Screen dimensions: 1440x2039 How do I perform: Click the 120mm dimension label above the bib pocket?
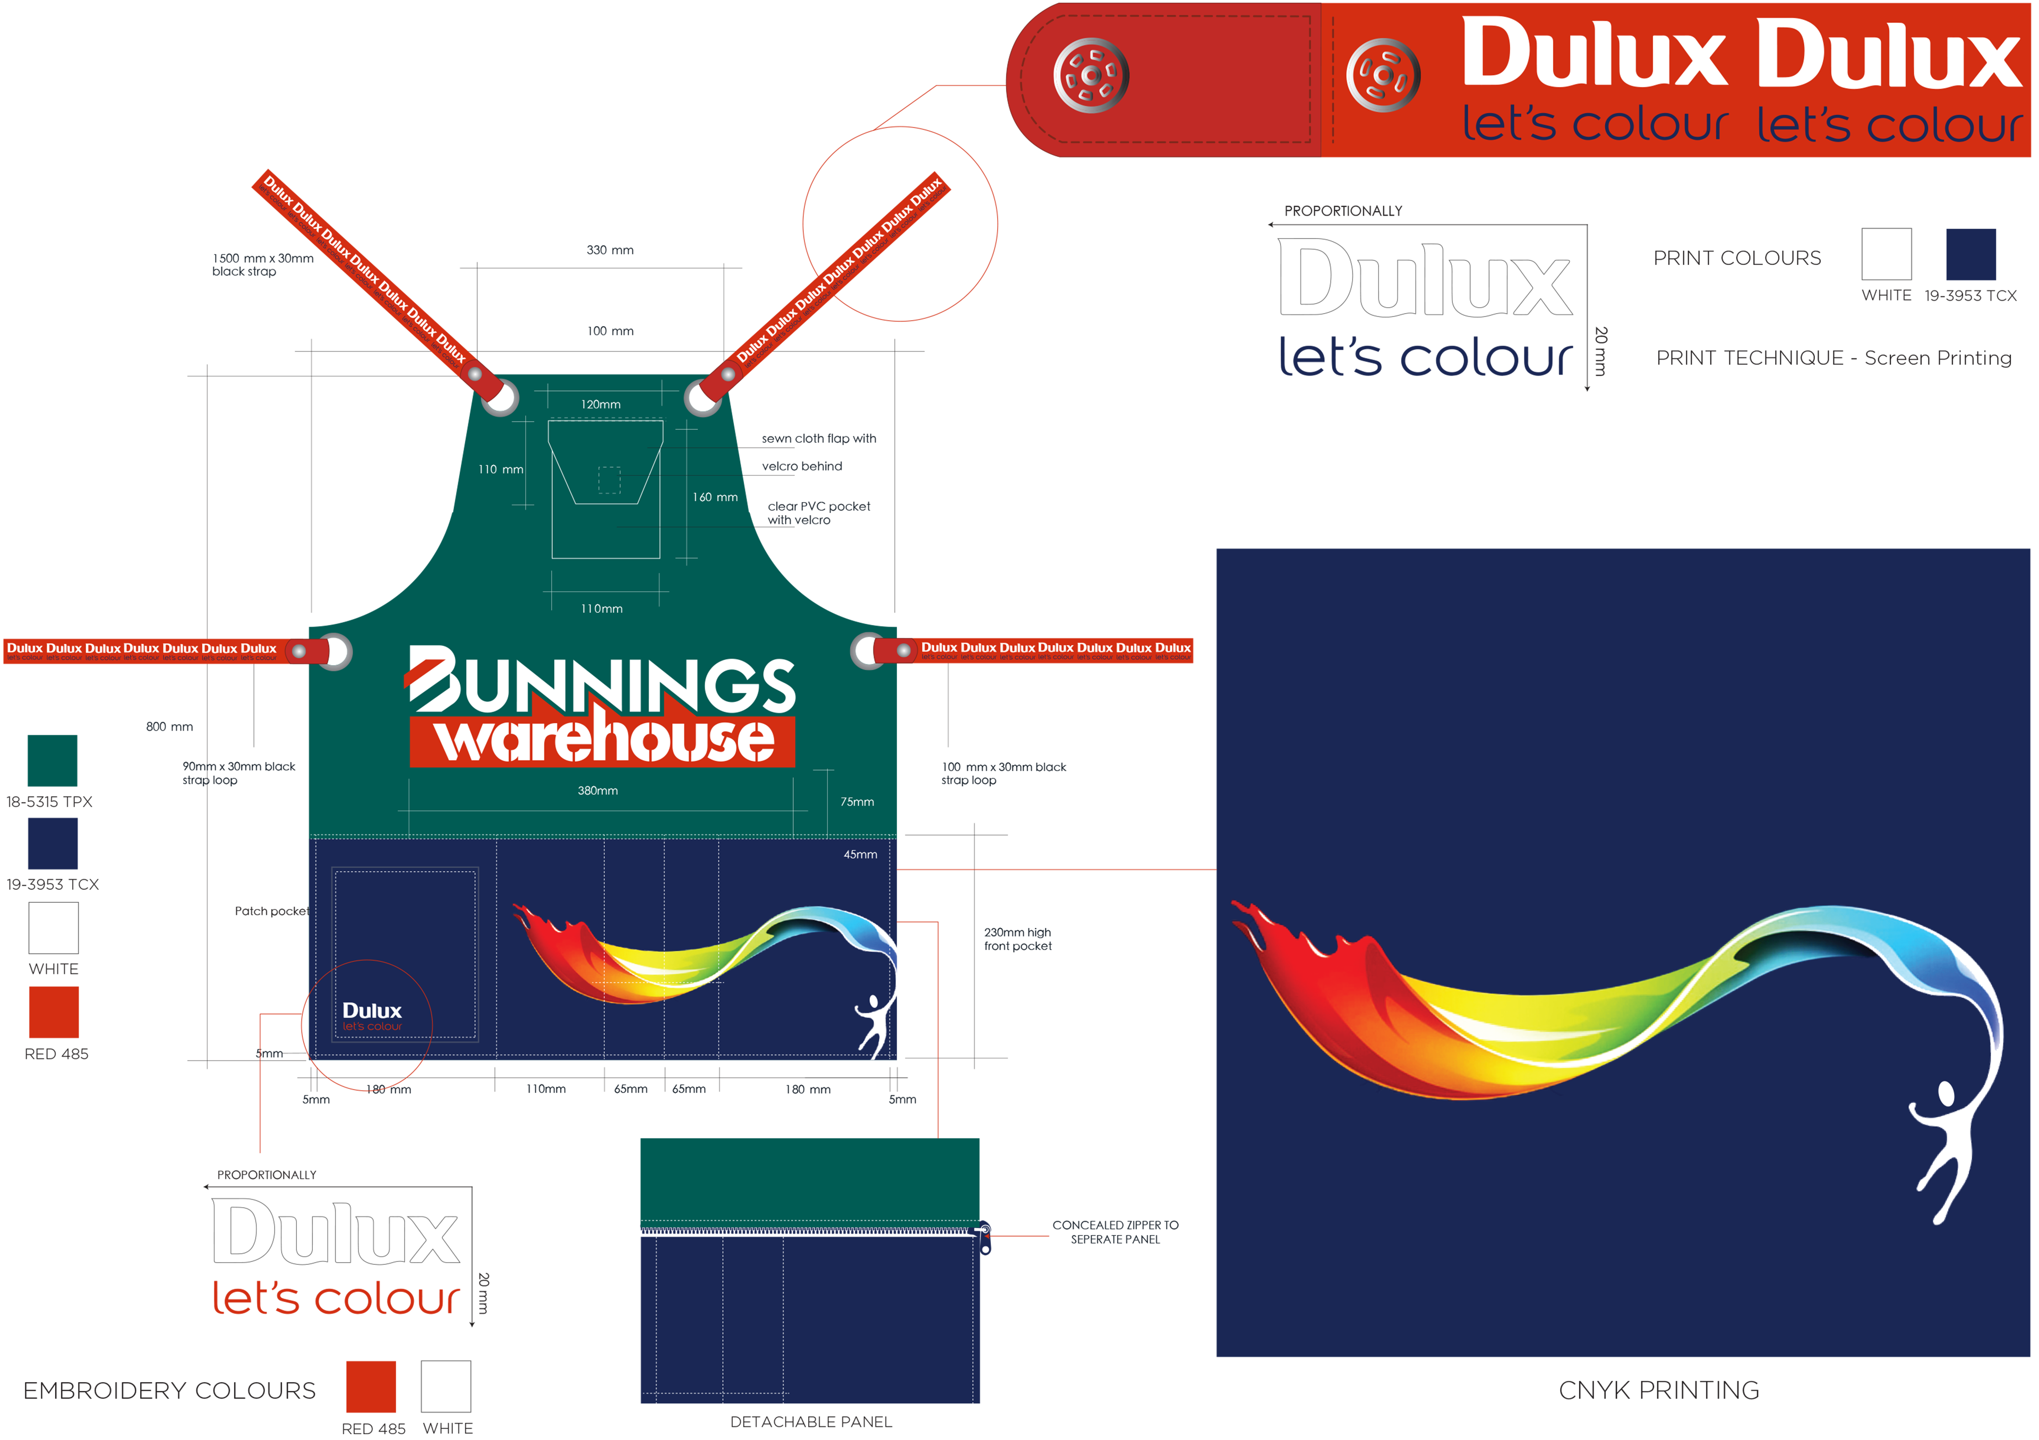click(x=601, y=405)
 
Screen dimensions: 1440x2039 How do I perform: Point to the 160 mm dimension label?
click(x=715, y=497)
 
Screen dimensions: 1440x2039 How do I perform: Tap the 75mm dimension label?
click(x=857, y=802)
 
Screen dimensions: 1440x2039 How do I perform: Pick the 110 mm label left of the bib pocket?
click(x=501, y=469)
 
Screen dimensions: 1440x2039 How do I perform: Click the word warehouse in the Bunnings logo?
click(x=604, y=740)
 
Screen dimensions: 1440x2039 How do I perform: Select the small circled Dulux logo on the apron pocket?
click(x=371, y=1016)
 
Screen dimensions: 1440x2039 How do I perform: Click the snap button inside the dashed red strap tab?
click(x=1091, y=75)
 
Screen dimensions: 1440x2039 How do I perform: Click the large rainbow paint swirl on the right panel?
click(x=1598, y=1003)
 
